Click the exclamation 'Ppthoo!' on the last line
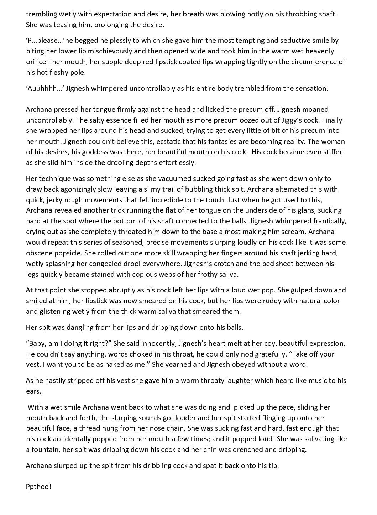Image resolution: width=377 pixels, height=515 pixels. pyautogui.click(x=39, y=487)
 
